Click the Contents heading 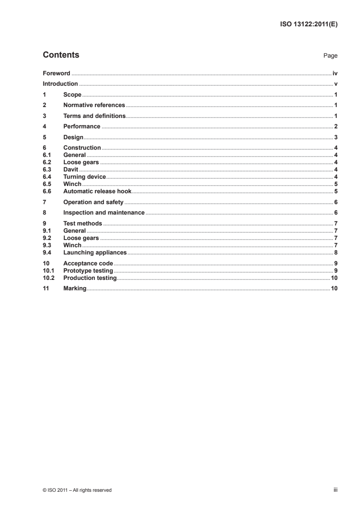[61, 55]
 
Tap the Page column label [330, 56]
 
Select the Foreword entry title [56, 73]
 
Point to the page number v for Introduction [335, 84]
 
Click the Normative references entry [94, 105]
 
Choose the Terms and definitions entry [94, 116]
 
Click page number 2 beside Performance [335, 127]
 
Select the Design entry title [74, 137]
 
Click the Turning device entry [84, 176]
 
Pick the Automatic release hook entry [97, 191]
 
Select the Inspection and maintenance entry [104, 213]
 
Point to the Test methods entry [83, 224]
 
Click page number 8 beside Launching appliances [335, 252]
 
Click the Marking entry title [75, 289]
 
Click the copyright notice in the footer [77, 490]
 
